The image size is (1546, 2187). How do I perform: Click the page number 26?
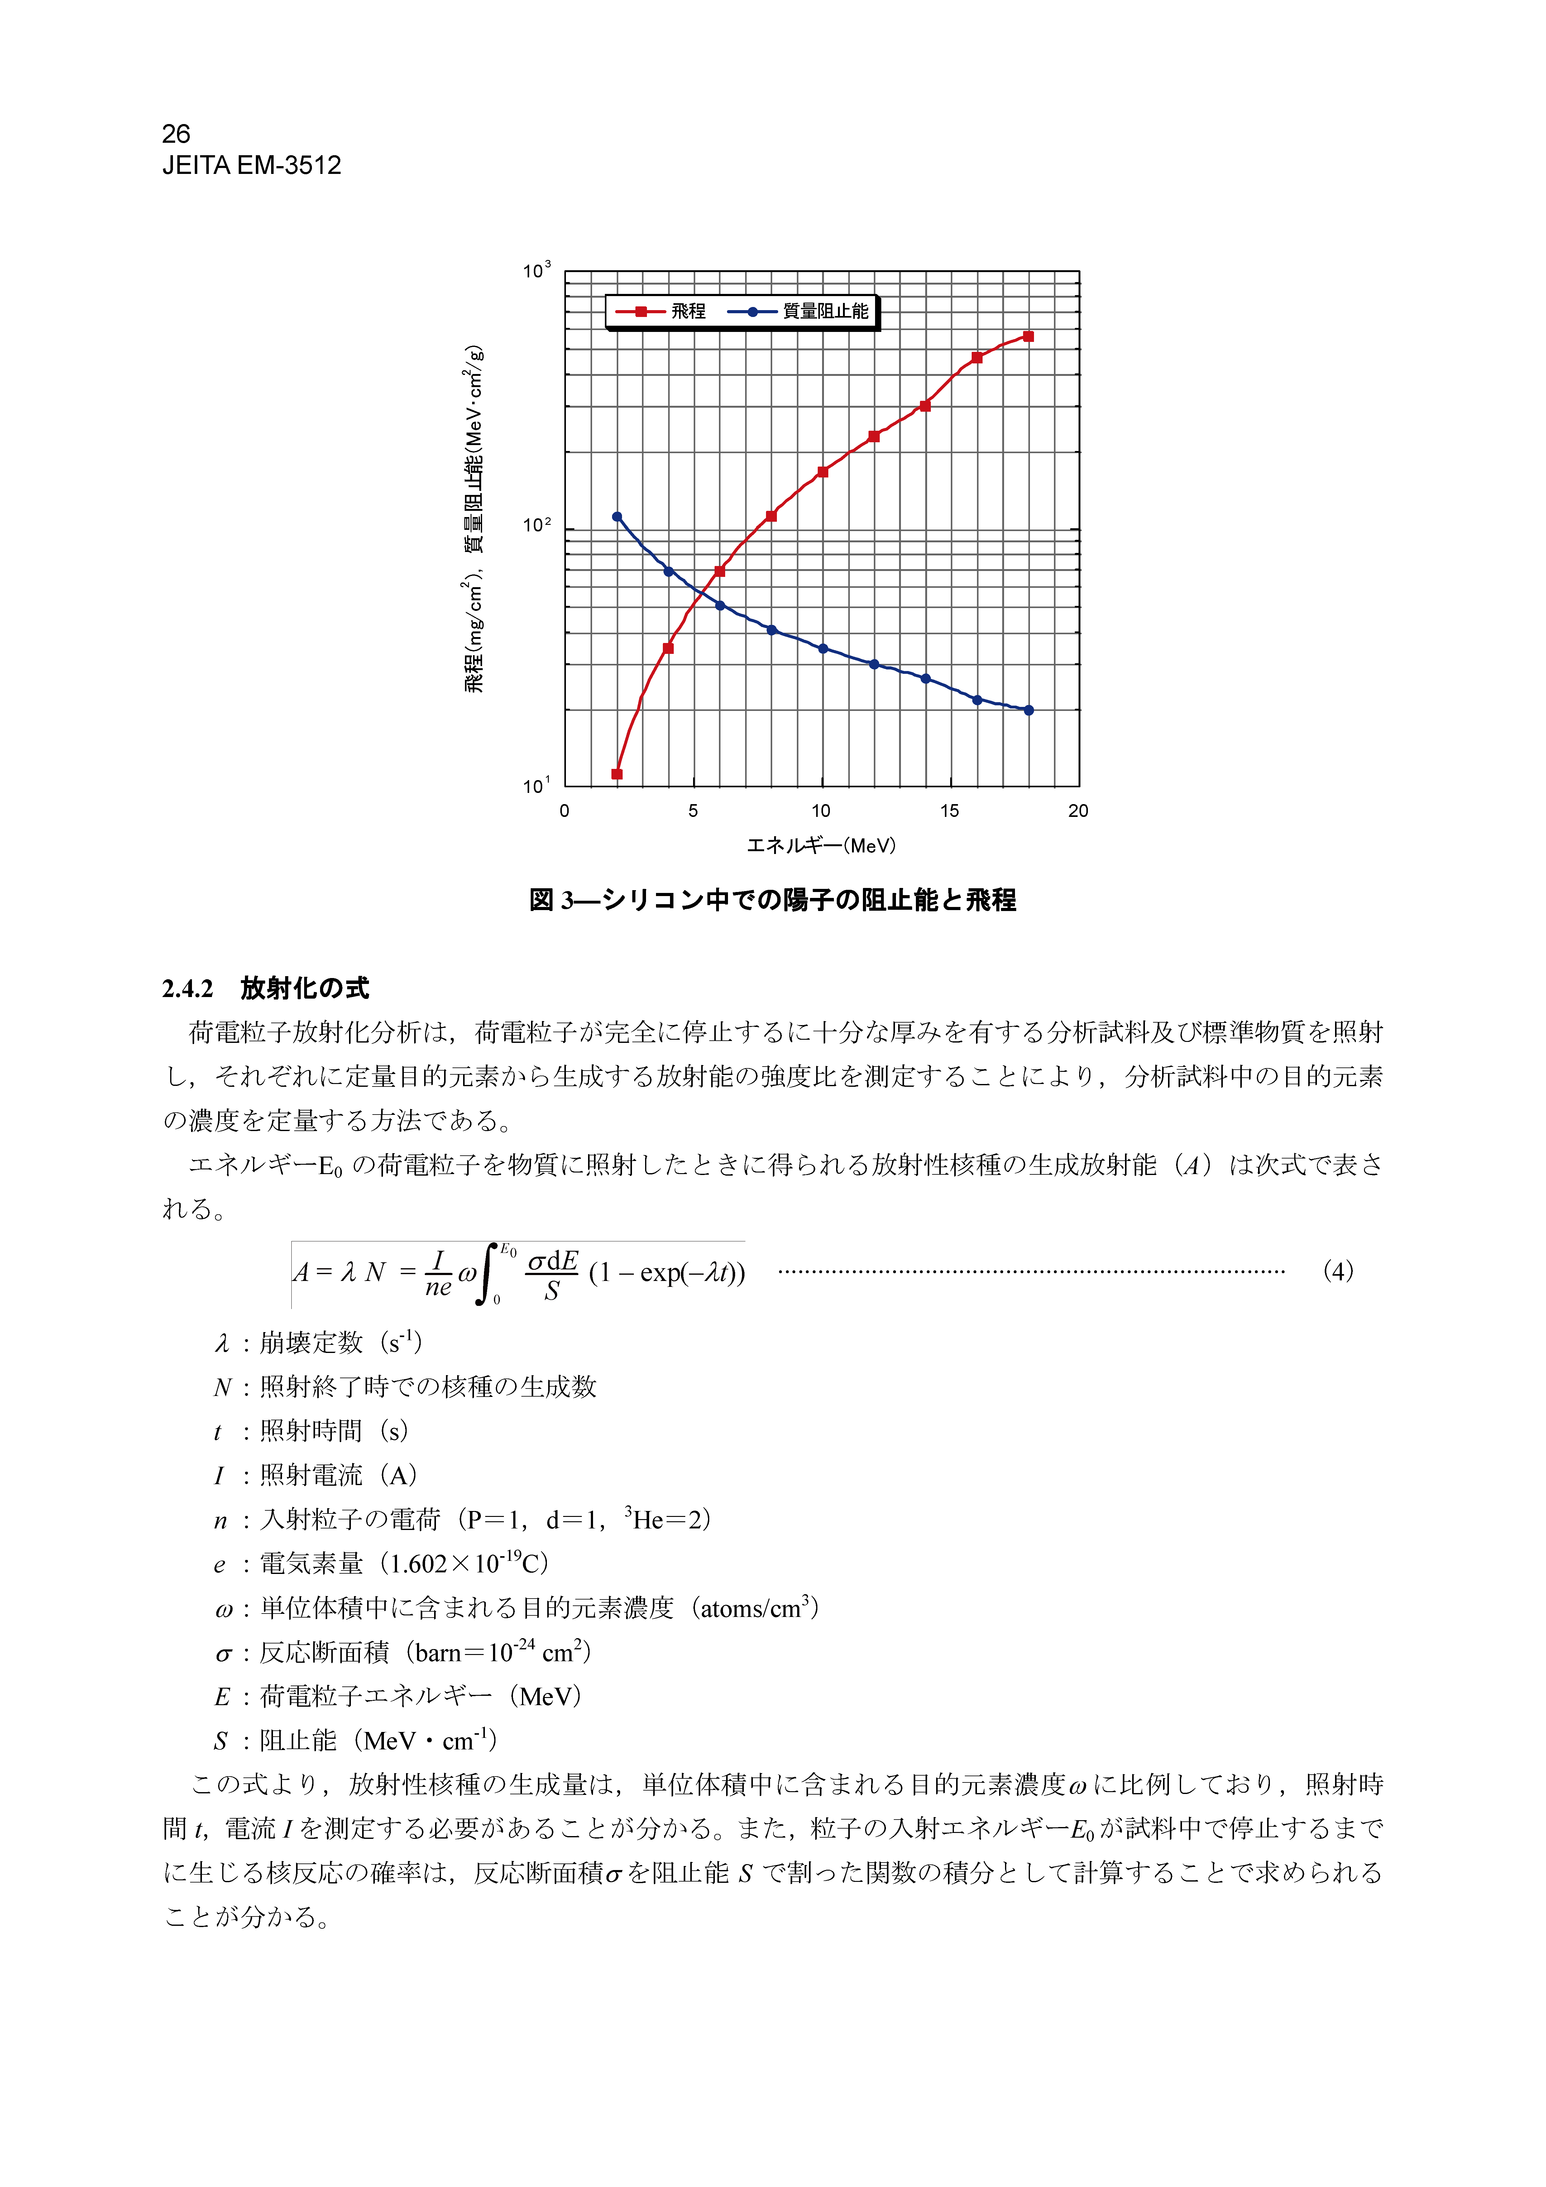[x=176, y=133]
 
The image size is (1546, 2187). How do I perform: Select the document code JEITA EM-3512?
[x=251, y=166]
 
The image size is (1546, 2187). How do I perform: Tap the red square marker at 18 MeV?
[x=1028, y=336]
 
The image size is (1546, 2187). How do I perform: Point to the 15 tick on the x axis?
[x=950, y=811]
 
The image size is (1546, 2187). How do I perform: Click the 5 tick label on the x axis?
[x=692, y=811]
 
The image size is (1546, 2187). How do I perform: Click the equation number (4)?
[x=1338, y=1271]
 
